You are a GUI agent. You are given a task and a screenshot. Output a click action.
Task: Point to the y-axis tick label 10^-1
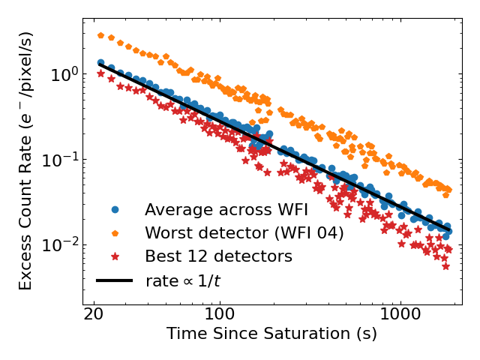59,160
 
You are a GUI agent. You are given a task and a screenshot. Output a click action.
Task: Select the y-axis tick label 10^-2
59,245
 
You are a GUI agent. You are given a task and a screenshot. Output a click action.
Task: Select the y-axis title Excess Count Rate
26,160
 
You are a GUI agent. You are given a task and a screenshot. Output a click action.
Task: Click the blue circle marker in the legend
115,210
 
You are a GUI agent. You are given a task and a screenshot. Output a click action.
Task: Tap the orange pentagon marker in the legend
115,233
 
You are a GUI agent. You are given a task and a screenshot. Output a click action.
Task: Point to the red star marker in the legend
115,256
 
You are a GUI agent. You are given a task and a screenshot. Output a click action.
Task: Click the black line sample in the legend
115,280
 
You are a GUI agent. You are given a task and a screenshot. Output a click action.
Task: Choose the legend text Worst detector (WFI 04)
244,233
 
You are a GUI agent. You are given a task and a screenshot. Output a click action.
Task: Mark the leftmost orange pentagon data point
100,35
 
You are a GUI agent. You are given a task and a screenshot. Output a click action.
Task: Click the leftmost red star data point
100,73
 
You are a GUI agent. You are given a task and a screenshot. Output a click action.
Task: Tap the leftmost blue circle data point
100,63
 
